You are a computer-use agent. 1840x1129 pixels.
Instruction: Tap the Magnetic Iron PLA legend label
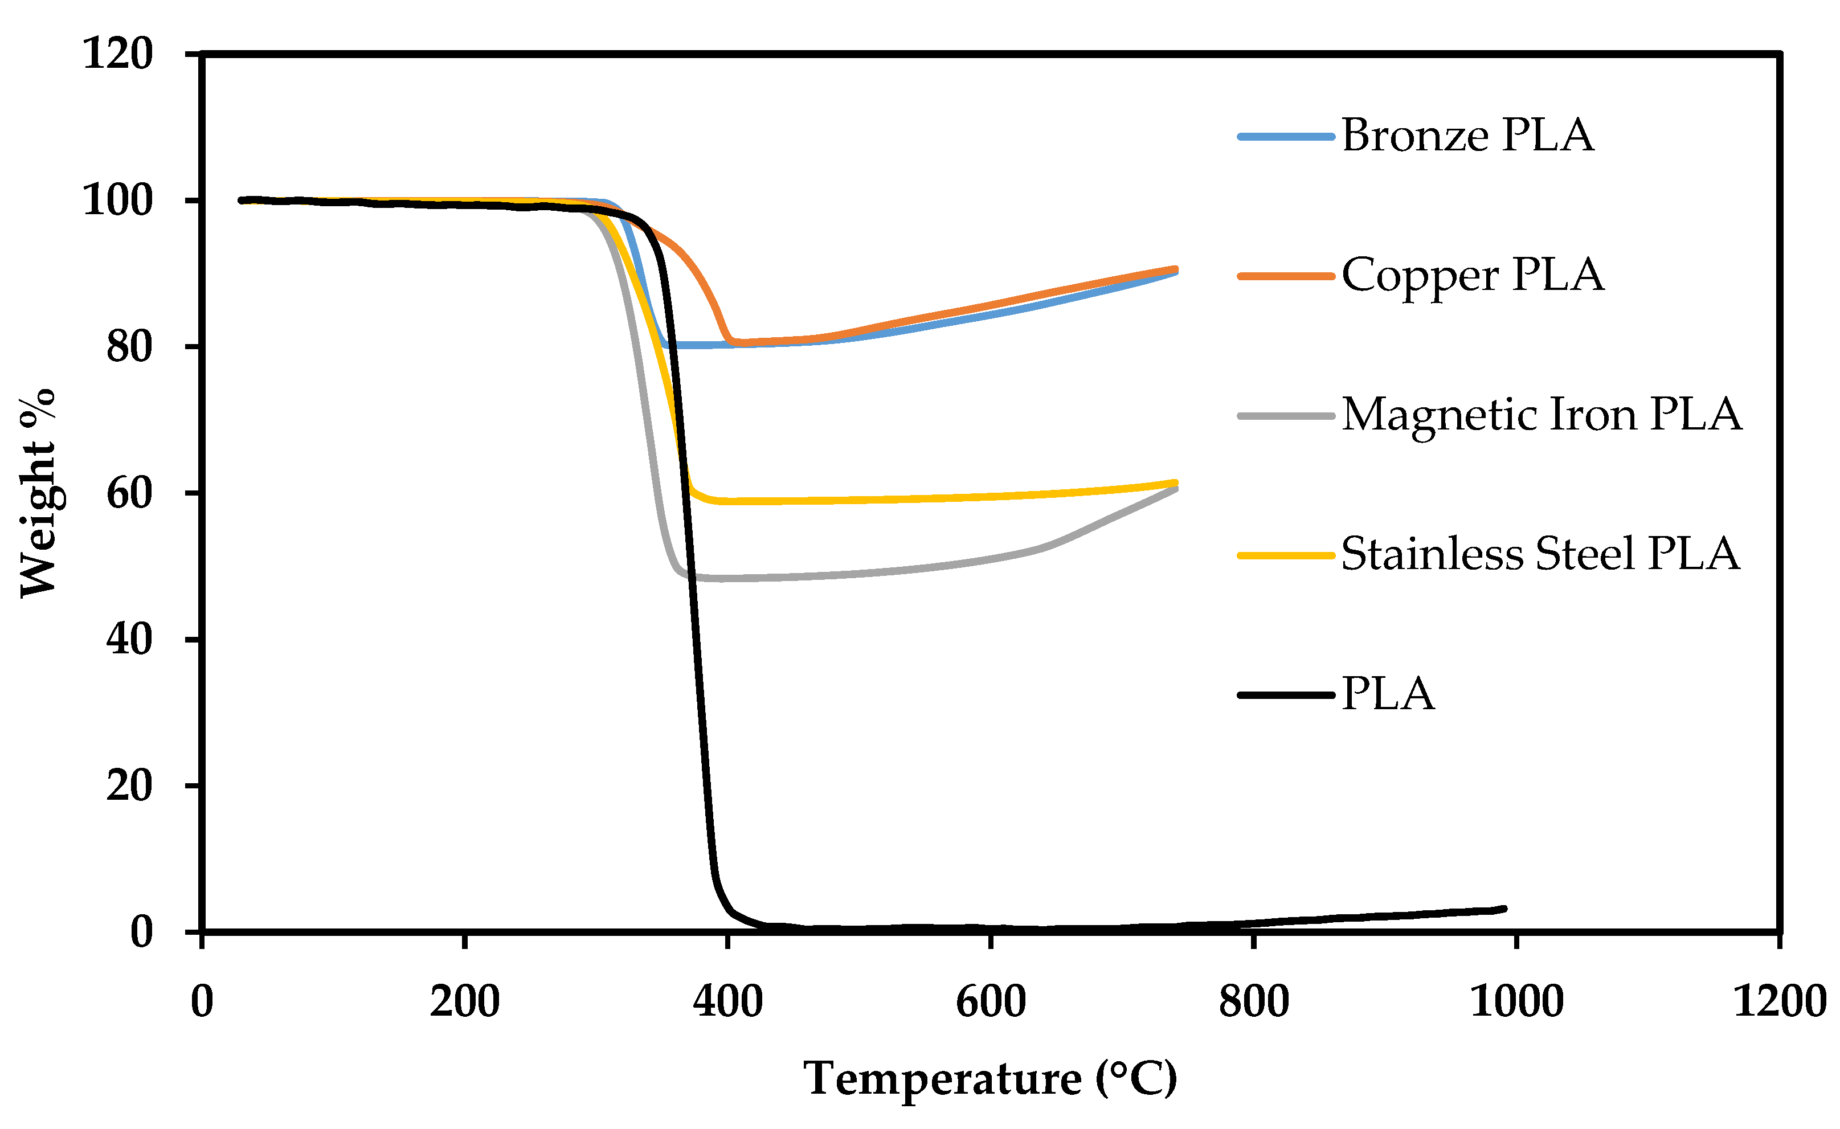coord(1541,415)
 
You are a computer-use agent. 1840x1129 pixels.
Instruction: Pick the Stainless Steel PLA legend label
coord(1540,554)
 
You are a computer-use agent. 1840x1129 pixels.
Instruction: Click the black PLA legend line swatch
coord(1285,694)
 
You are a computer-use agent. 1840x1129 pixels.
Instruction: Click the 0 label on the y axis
coord(141,932)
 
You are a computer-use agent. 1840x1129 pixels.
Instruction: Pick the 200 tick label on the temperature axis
coord(464,1002)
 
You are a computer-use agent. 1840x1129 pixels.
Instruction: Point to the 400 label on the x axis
coord(727,1002)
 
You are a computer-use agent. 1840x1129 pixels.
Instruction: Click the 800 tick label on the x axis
coord(1254,1002)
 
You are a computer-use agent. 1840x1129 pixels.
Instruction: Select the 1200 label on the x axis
coord(1780,1002)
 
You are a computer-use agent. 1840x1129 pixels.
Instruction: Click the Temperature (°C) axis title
coord(990,1079)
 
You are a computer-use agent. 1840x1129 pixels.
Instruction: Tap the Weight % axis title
coord(38,493)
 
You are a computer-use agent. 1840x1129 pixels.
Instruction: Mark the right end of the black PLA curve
coord(1504,909)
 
